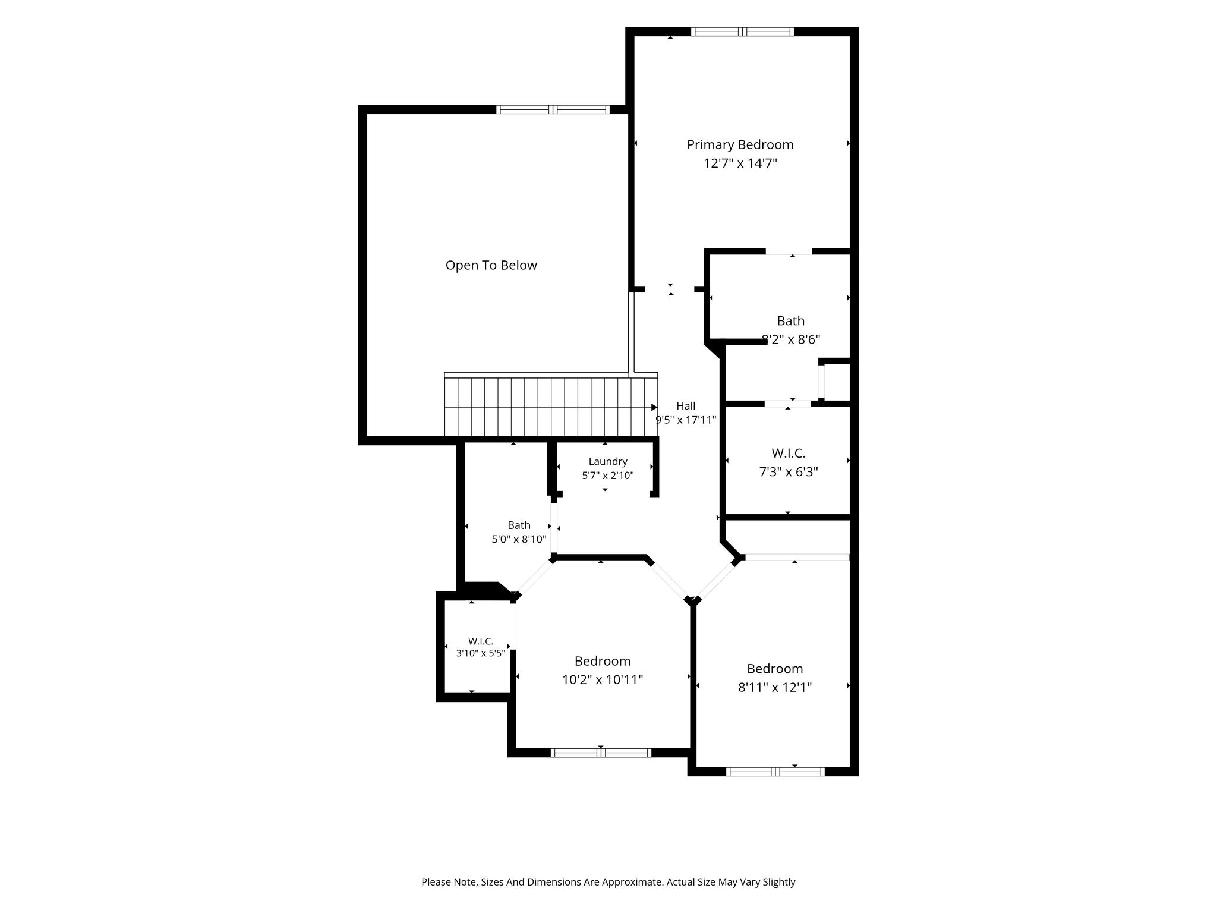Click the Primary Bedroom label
coord(740,144)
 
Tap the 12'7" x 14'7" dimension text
coord(740,163)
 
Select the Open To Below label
coord(491,265)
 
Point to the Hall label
coord(686,406)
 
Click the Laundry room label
coord(608,462)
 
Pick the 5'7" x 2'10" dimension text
coord(608,476)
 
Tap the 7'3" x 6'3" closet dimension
coord(789,472)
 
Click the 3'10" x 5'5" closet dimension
coord(481,653)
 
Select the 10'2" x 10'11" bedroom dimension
coord(603,679)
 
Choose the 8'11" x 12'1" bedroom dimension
coord(775,687)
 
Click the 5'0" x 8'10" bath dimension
coord(519,539)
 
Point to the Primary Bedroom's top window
coord(742,32)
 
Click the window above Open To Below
coord(553,109)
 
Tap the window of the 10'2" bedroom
coord(601,753)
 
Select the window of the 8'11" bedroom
coord(775,772)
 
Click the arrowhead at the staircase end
coord(654,407)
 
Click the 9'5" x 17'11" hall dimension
coord(686,420)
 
